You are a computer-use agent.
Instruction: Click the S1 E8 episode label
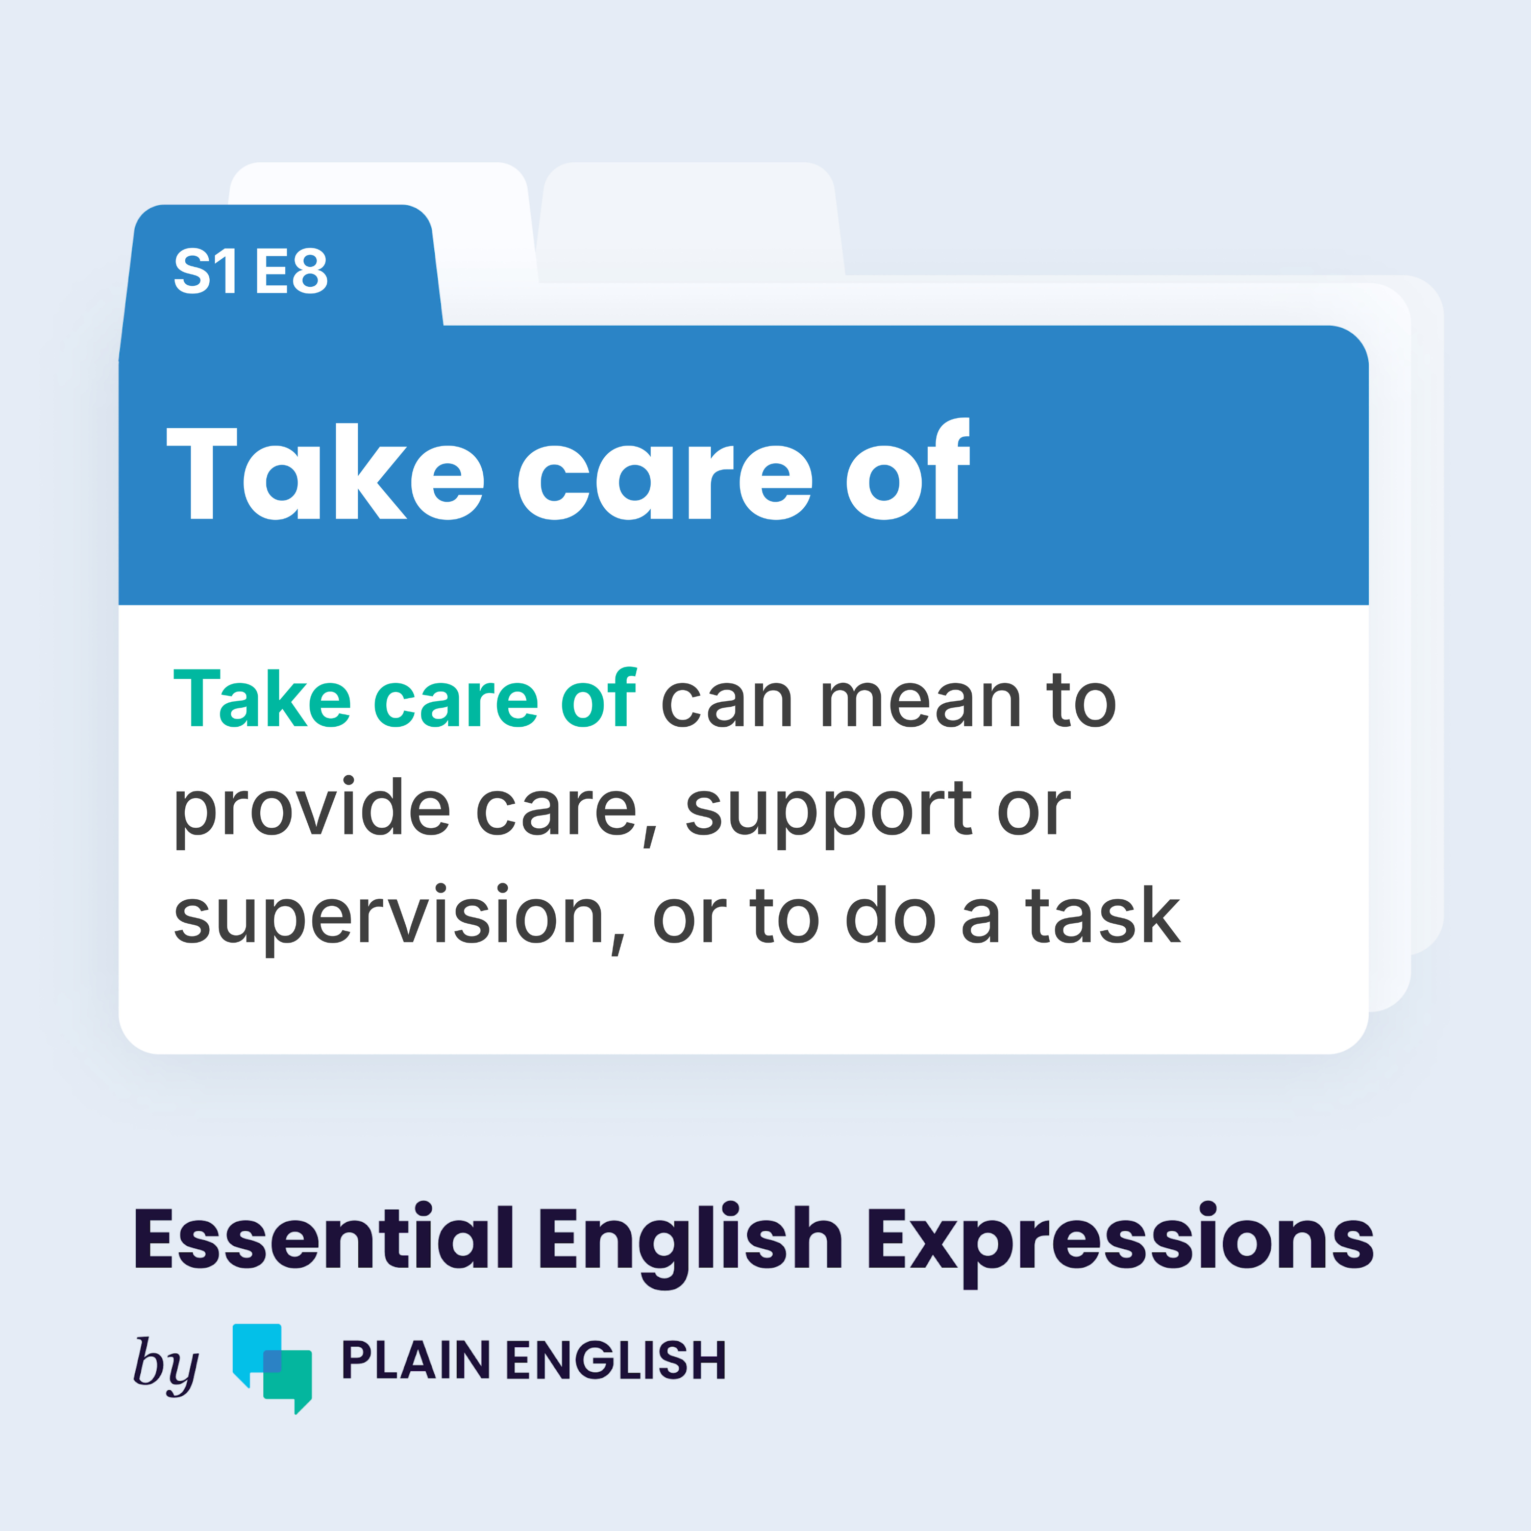[x=251, y=271]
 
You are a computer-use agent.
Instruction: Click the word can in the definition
[x=727, y=704]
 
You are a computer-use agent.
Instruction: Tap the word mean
[x=920, y=704]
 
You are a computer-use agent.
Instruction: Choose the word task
[x=1102, y=915]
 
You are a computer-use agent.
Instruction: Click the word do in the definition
[x=891, y=915]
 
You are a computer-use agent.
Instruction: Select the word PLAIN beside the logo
[x=415, y=1361]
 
